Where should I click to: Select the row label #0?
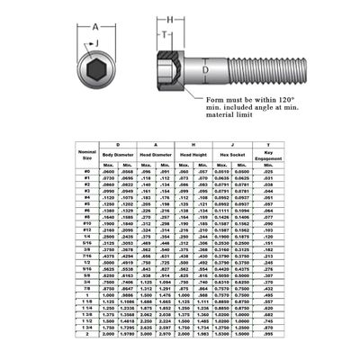point(86,171)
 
